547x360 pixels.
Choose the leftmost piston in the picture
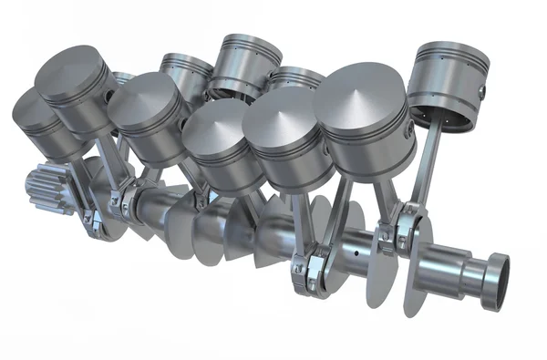point(35,123)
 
